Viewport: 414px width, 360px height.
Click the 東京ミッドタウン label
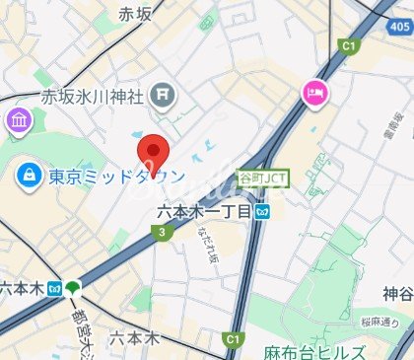tap(114, 178)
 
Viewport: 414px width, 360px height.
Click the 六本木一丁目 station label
tap(206, 211)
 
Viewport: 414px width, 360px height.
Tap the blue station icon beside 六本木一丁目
tap(263, 211)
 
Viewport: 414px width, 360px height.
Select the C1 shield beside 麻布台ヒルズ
tap(233, 339)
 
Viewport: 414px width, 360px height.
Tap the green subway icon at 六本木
tap(74, 288)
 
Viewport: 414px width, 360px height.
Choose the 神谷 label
tap(397, 293)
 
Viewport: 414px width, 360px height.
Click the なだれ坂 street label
tap(210, 242)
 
